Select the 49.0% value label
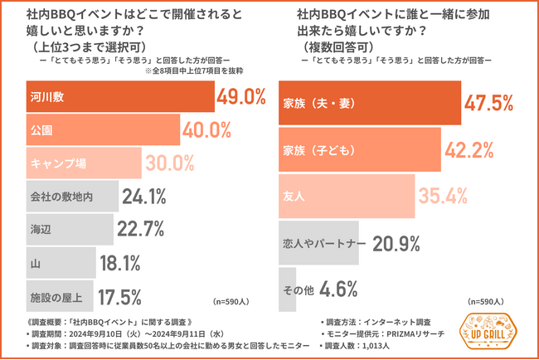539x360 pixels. (x=240, y=97)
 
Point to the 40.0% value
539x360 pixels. (x=207, y=130)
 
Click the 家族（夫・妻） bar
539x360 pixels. (x=369, y=103)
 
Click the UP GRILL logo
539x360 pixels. (x=490, y=333)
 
